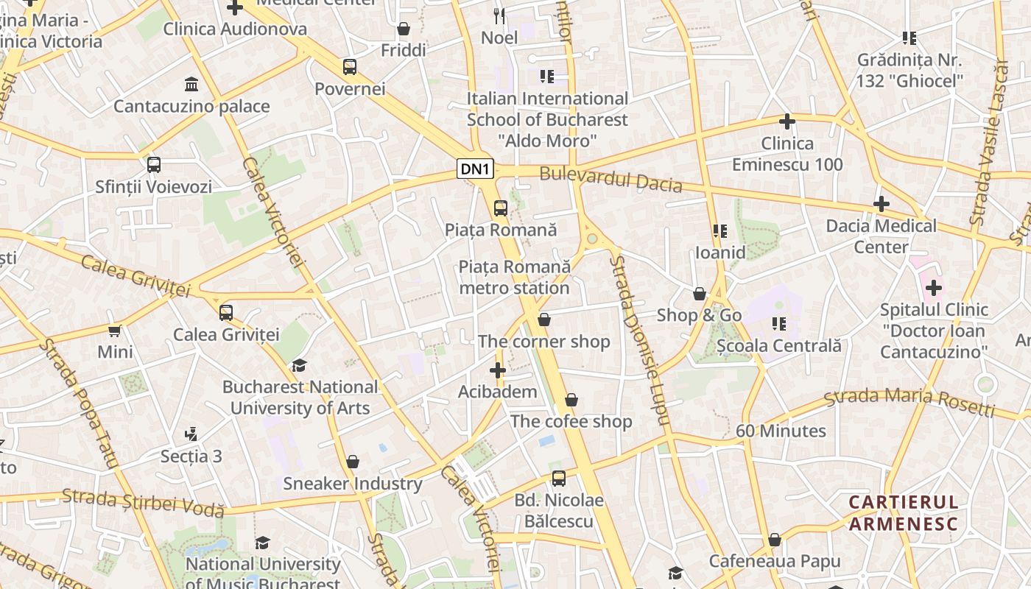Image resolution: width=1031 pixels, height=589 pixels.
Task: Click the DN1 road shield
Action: (475, 169)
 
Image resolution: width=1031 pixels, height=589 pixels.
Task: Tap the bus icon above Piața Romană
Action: (501, 208)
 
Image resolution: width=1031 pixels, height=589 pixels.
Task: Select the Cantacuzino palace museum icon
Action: (191, 84)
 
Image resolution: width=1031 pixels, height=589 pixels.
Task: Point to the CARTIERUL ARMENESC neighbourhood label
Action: (904, 513)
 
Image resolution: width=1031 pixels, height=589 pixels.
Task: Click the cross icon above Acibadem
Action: (498, 370)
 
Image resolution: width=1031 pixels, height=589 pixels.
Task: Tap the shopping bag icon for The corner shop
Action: (543, 320)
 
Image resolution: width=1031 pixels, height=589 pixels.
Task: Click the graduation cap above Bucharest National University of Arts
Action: (299, 366)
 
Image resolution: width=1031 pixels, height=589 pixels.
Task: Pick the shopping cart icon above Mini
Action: (115, 331)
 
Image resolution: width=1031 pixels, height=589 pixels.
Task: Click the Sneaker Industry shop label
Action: (353, 484)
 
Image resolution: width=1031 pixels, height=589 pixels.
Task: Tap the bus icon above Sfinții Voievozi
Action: (153, 165)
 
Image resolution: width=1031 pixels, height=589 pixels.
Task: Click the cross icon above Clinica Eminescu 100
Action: (787, 121)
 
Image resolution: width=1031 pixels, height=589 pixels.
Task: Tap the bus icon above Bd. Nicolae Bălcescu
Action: (559, 479)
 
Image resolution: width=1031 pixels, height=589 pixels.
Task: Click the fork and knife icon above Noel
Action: (499, 15)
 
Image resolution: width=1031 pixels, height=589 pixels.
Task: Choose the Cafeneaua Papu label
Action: (774, 562)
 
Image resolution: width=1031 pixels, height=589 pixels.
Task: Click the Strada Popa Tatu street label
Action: (79, 403)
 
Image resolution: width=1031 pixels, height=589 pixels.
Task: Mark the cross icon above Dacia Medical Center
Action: (881, 204)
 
